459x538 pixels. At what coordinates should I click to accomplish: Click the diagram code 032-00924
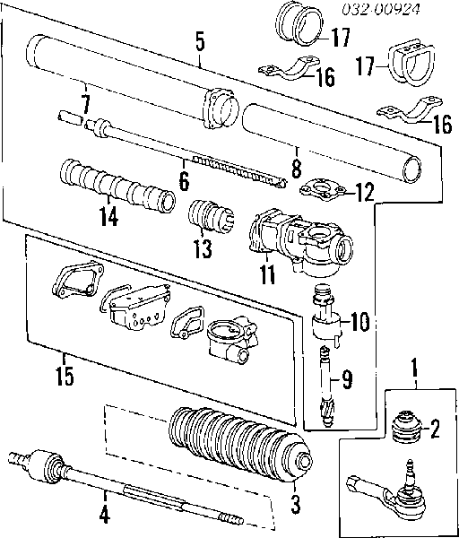point(381,9)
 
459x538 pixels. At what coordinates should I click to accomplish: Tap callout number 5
point(200,41)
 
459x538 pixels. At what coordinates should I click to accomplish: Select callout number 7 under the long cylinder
point(85,104)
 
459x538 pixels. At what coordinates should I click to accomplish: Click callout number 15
point(65,376)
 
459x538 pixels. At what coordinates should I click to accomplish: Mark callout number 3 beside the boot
point(295,504)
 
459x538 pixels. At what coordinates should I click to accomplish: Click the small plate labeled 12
point(323,190)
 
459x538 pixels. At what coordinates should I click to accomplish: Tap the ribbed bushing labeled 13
point(211,216)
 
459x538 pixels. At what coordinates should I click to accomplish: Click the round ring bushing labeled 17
point(299,23)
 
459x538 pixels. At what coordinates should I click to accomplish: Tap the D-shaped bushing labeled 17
point(411,62)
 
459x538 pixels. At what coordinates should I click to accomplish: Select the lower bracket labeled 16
point(410,110)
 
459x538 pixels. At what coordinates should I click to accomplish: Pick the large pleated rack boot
point(240,445)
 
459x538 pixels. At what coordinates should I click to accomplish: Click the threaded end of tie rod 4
point(230,518)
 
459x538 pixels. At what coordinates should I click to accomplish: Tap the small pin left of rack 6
point(70,117)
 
